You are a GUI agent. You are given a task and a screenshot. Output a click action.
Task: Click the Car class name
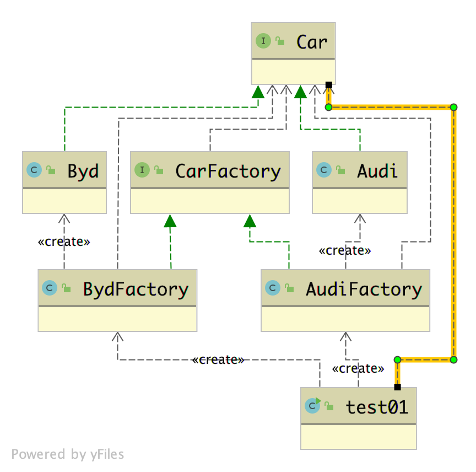312,42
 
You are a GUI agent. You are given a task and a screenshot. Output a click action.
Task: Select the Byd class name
83,171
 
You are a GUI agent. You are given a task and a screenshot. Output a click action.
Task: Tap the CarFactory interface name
228,171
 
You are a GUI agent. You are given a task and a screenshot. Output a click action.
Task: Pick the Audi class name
377,171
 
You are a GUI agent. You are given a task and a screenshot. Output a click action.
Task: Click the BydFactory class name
136,288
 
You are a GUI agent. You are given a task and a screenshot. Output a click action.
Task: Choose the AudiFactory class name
364,288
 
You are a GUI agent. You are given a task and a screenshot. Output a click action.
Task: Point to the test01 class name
377,407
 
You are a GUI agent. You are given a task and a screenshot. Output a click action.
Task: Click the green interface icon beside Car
263,41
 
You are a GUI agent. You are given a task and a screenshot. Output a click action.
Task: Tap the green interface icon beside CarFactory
142,170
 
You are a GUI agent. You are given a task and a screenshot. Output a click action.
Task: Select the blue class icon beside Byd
34,170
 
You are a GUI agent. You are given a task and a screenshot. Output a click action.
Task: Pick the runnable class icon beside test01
312,406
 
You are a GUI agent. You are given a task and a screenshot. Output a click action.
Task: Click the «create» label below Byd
64,242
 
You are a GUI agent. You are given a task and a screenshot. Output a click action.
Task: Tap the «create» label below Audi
345,251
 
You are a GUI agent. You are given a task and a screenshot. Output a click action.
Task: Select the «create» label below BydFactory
218,360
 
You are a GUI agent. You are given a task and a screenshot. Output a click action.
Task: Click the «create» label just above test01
359,369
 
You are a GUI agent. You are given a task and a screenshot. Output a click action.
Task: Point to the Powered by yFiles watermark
68,454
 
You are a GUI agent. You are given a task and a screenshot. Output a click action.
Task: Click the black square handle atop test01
397,387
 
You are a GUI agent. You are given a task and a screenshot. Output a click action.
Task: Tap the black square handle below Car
328,85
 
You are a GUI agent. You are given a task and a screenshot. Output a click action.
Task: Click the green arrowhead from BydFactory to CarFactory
170,221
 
